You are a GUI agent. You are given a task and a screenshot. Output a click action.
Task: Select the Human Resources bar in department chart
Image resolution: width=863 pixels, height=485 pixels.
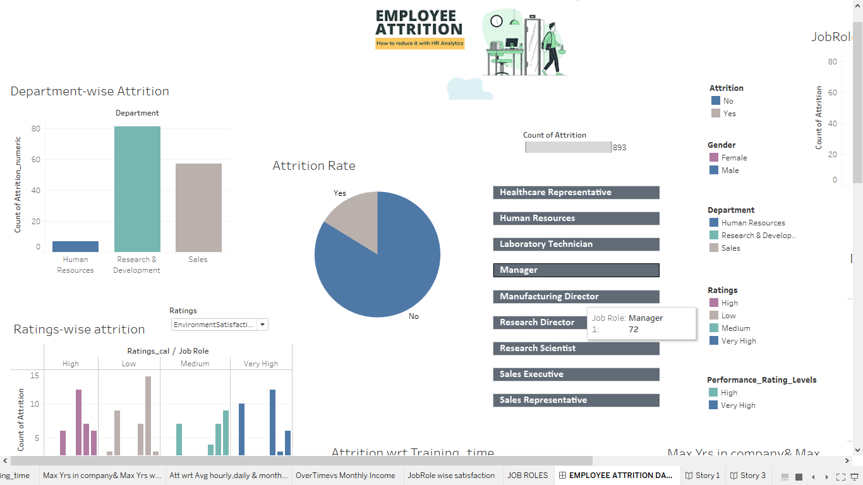pyautogui.click(x=75, y=247)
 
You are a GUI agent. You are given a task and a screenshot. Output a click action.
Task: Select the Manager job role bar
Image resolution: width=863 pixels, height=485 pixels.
pyautogui.click(x=576, y=270)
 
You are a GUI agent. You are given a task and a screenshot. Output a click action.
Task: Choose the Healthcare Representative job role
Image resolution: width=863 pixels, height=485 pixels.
pyautogui.click(x=576, y=193)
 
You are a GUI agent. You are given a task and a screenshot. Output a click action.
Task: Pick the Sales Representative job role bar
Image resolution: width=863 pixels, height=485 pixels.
pyautogui.click(x=576, y=400)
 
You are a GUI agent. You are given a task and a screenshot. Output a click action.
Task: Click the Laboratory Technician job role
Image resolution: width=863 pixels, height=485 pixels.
pyautogui.click(x=576, y=244)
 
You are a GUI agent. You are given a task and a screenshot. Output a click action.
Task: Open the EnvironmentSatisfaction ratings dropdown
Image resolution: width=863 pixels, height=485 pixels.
pyautogui.click(x=263, y=325)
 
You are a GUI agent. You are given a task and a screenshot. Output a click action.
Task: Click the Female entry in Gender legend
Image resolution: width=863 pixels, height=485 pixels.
pyautogui.click(x=733, y=158)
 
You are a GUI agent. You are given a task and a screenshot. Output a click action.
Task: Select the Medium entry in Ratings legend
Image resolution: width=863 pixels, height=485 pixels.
pyautogui.click(x=735, y=328)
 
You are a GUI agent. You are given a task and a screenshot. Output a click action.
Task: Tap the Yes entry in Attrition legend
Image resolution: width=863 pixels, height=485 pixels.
pyautogui.click(x=729, y=114)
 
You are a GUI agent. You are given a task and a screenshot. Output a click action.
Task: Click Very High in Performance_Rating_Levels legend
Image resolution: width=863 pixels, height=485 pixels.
pyautogui.click(x=738, y=405)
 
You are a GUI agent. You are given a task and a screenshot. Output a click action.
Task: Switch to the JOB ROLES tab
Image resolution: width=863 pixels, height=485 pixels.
pyautogui.click(x=528, y=476)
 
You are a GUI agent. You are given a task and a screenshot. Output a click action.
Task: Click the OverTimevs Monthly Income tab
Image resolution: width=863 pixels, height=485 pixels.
pyautogui.click(x=345, y=476)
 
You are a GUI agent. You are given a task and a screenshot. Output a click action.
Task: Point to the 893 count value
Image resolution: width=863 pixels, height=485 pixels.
pyautogui.click(x=619, y=148)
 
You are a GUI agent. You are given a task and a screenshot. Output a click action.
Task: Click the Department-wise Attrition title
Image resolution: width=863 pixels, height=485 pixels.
pyautogui.click(x=90, y=92)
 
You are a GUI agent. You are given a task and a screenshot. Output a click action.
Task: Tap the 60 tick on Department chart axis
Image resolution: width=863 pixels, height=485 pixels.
pyautogui.click(x=35, y=160)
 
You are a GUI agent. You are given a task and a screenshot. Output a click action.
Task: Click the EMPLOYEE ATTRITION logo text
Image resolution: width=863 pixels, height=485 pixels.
pyautogui.click(x=419, y=23)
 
